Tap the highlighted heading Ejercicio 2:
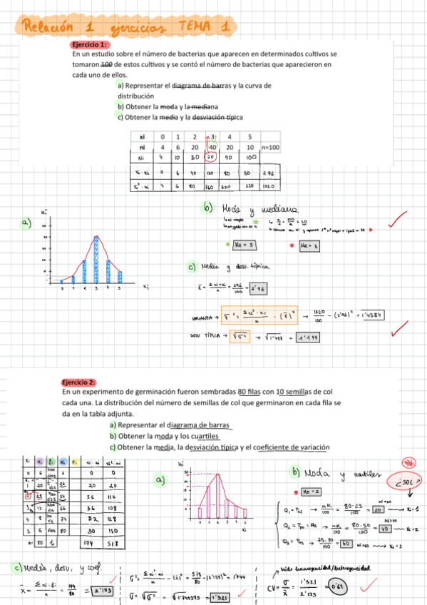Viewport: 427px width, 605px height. (78, 382)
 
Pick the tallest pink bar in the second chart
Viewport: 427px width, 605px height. (208, 497)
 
